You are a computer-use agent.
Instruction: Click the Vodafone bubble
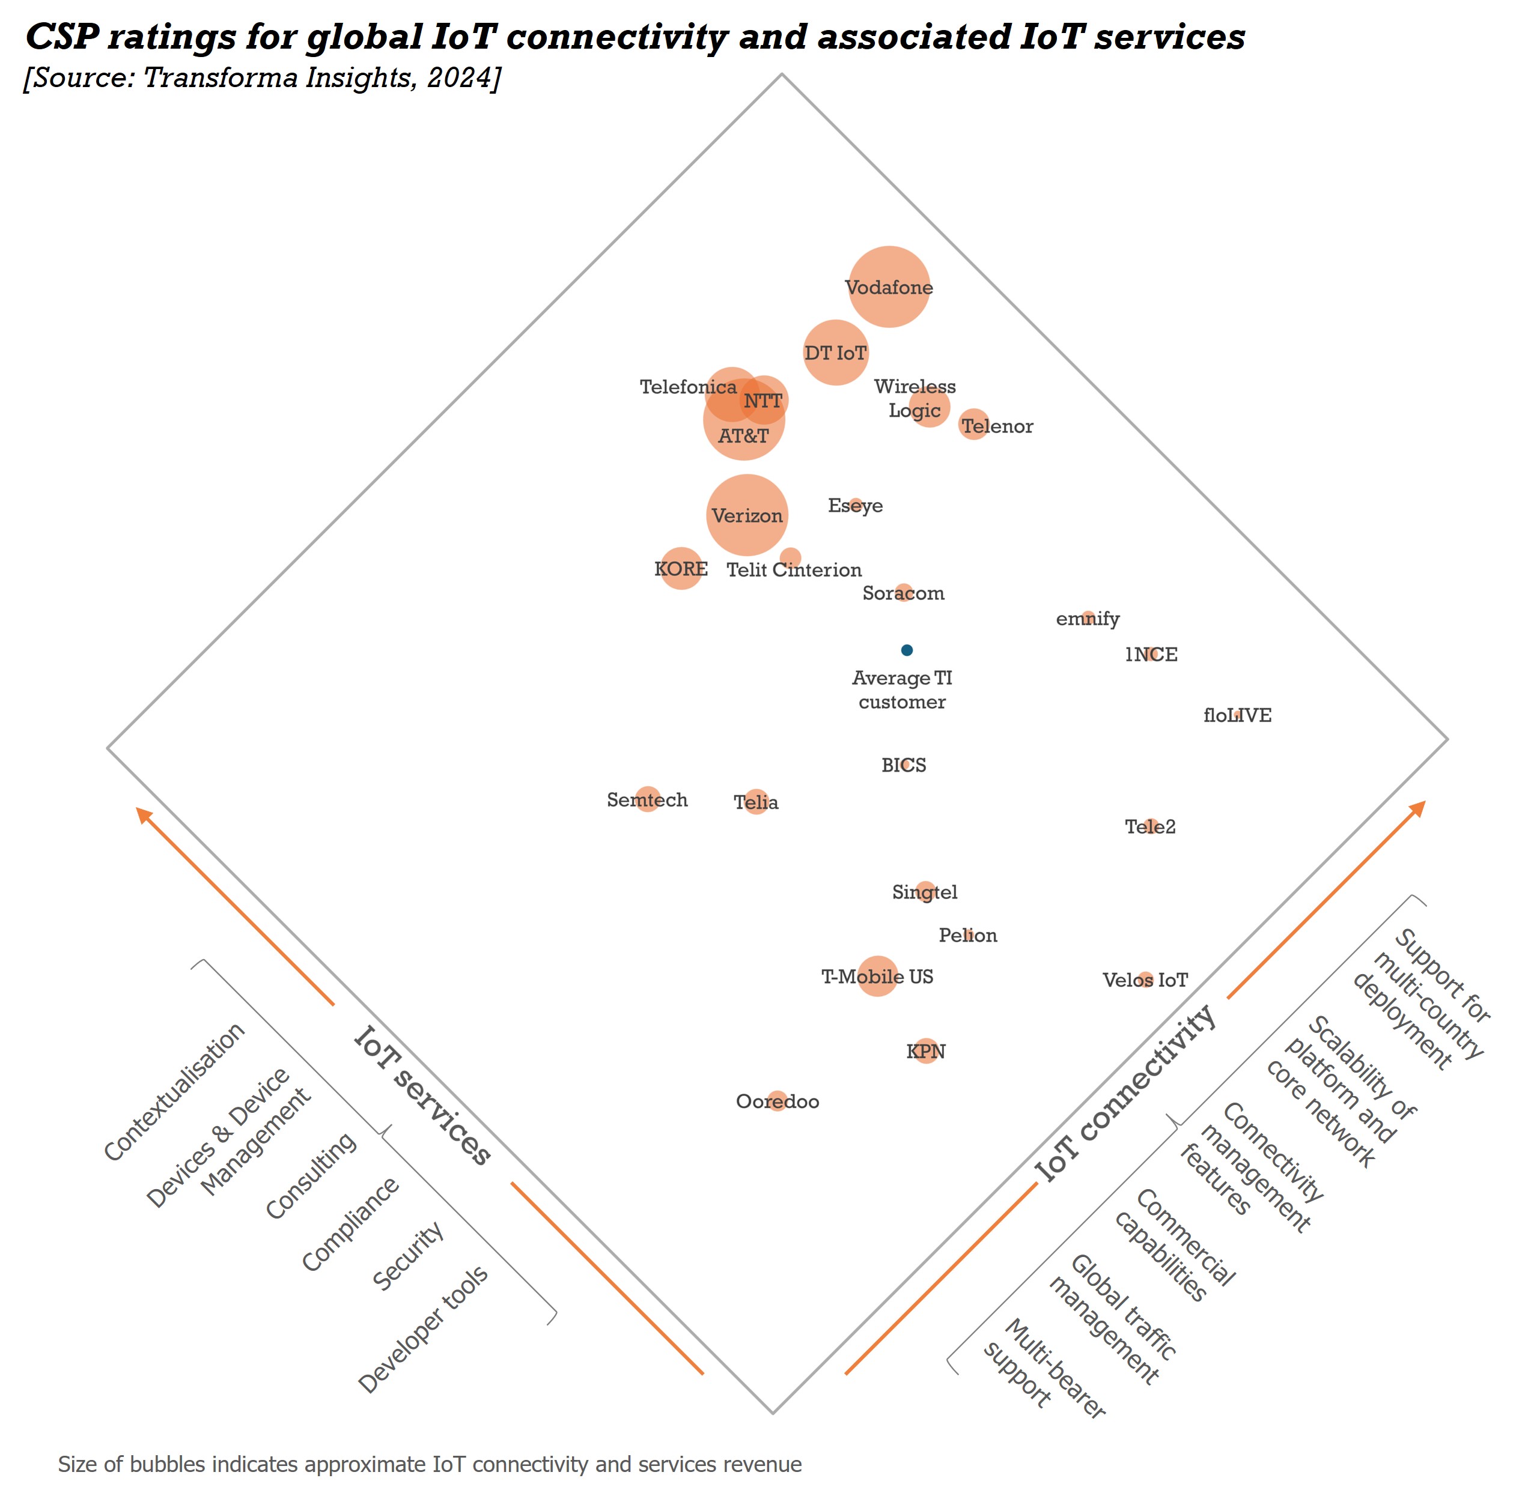(x=889, y=286)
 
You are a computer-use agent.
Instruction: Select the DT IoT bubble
(x=835, y=353)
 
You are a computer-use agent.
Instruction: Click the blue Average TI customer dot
(x=907, y=650)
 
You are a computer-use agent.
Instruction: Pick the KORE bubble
(x=681, y=568)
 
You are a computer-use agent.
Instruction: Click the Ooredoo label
(x=777, y=1101)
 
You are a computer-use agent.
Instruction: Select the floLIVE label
(x=1237, y=715)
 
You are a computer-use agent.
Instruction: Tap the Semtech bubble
(x=648, y=799)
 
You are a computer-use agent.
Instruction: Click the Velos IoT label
(x=1145, y=980)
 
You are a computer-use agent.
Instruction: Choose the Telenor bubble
(x=973, y=424)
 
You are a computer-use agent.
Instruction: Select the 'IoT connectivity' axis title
(x=1125, y=1092)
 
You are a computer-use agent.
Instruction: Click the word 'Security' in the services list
(x=408, y=1255)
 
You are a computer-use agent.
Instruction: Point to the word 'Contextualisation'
(x=174, y=1092)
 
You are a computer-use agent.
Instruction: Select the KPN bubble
(x=927, y=1051)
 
